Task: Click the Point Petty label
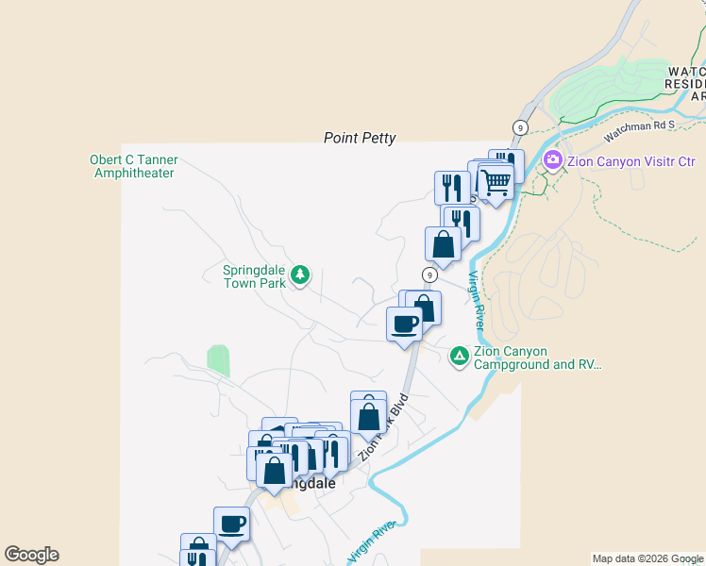point(360,138)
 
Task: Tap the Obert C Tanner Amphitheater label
point(133,166)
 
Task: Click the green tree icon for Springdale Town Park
point(300,275)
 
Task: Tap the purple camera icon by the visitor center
point(553,160)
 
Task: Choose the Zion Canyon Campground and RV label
point(537,358)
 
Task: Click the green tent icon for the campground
point(459,356)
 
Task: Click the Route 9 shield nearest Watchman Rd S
point(519,126)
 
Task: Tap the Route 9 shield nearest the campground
point(429,275)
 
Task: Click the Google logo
point(31,555)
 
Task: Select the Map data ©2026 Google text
point(647,558)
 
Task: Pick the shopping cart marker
point(496,182)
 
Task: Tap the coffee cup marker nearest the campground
point(404,325)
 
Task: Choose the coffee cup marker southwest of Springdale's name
point(231,524)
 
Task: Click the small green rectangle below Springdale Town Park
point(218,360)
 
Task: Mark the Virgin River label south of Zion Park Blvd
point(371,544)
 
